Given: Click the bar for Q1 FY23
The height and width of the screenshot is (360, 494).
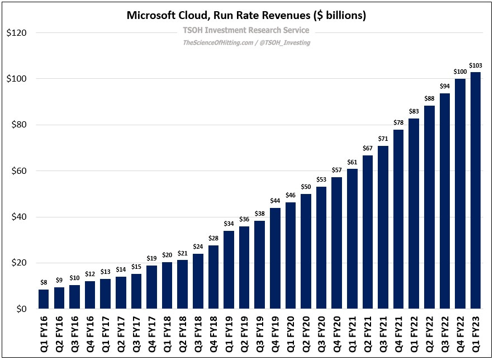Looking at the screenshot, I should click(476, 190).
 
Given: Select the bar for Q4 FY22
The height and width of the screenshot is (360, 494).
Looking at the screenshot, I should click(460, 193).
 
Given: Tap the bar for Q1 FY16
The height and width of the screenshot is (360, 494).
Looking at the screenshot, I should click(44, 299).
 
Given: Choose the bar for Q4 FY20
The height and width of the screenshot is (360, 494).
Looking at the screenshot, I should click(336, 243).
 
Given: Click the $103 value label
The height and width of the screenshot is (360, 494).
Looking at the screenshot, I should click(476, 66).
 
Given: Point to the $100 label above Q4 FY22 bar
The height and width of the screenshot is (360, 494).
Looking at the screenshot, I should click(460, 72).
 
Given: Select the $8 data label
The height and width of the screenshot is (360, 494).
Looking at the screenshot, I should click(44, 283).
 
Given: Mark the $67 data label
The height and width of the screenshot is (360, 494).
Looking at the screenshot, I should click(367, 149).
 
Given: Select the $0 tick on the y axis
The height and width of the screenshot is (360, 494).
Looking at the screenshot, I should click(20, 309).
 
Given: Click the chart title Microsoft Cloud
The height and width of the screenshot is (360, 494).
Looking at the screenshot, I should click(246, 15).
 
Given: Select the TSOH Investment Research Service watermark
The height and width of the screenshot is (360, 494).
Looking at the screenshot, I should click(246, 31).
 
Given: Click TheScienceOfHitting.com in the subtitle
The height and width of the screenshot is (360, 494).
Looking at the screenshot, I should click(217, 42).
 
